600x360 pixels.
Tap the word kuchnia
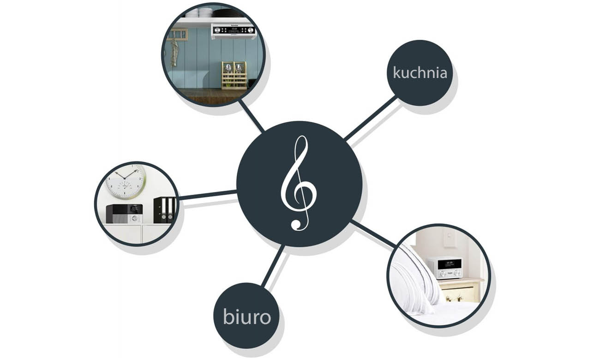tap(420, 73)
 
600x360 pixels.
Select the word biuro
tap(247, 317)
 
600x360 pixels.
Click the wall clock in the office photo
tap(126, 181)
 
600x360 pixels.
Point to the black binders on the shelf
tap(165, 210)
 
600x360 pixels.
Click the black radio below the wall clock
tap(124, 214)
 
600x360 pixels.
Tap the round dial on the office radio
tap(134, 219)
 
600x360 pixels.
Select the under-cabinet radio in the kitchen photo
tap(233, 30)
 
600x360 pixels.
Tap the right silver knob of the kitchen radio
tap(251, 30)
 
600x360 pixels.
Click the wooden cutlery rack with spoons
tap(234, 75)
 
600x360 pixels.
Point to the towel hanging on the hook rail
tap(174, 52)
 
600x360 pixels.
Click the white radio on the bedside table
tap(444, 268)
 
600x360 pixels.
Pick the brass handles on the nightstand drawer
tap(454, 298)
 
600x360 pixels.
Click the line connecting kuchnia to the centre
tap(371, 119)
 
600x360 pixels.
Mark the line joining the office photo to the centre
tap(208, 195)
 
